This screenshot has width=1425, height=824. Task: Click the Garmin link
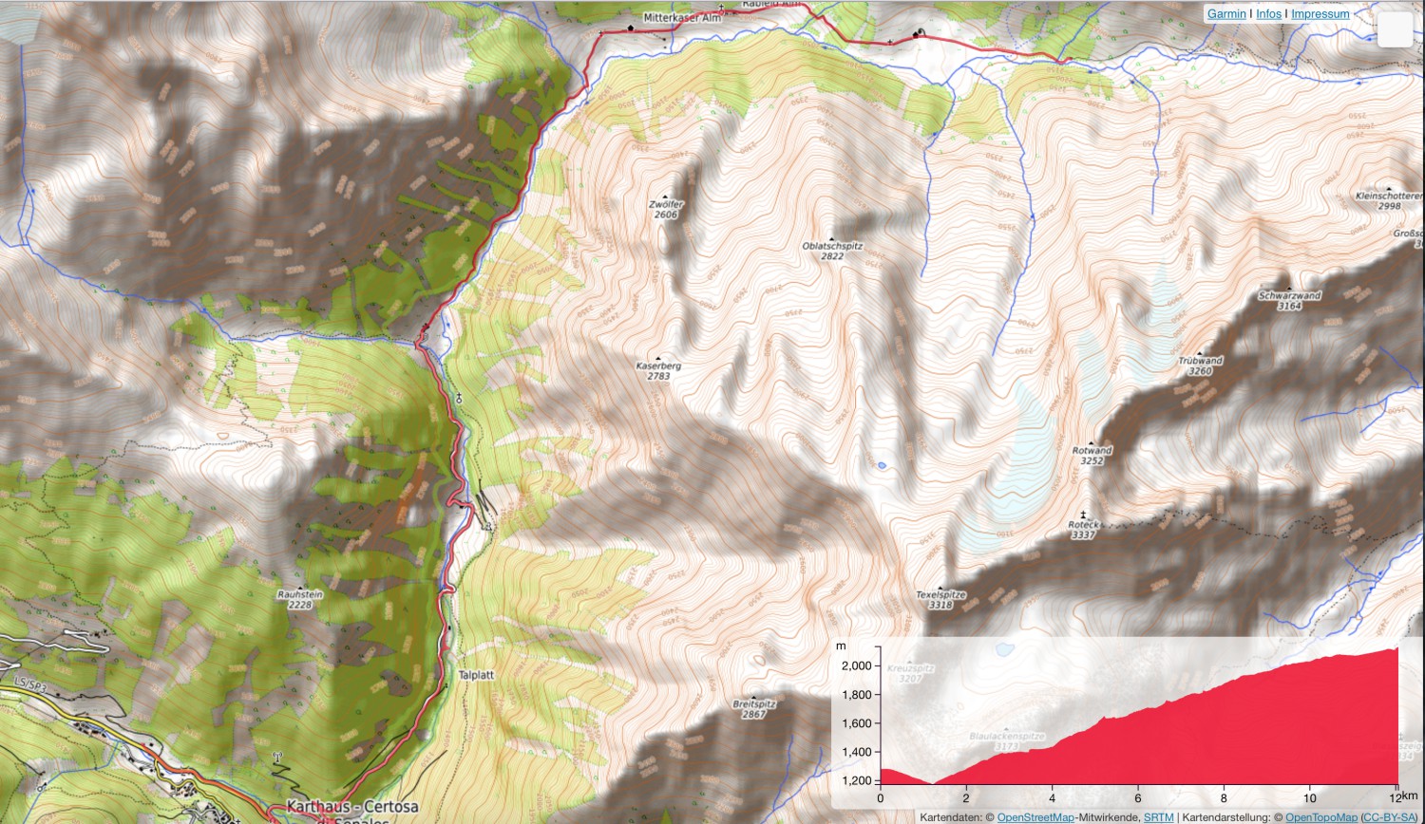click(x=1226, y=14)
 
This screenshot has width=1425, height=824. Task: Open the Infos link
click(x=1268, y=14)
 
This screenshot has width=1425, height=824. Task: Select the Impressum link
click(x=1320, y=14)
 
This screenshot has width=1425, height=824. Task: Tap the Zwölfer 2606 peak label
click(x=666, y=209)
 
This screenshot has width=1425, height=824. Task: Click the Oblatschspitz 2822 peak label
click(x=832, y=251)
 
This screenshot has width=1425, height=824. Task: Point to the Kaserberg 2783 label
click(x=658, y=370)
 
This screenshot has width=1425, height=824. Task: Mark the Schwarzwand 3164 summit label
click(x=1289, y=300)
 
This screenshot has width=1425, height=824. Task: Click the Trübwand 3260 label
click(x=1200, y=365)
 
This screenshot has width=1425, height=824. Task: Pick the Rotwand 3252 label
click(x=1092, y=455)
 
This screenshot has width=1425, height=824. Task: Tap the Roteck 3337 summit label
click(x=1083, y=529)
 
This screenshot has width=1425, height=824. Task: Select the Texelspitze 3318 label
click(x=940, y=599)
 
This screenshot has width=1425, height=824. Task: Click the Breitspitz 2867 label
click(x=754, y=708)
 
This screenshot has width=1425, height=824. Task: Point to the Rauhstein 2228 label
click(x=300, y=599)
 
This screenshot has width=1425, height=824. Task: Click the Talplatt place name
click(x=476, y=675)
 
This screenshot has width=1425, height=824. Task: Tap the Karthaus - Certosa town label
click(x=351, y=807)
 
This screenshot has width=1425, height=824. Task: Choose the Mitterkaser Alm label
click(x=682, y=18)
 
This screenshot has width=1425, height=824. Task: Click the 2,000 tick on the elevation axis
click(x=856, y=665)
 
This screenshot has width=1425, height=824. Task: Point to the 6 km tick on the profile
click(x=1138, y=798)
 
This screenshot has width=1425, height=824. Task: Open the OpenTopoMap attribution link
click(x=1321, y=817)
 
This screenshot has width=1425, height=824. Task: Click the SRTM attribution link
click(x=1158, y=817)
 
